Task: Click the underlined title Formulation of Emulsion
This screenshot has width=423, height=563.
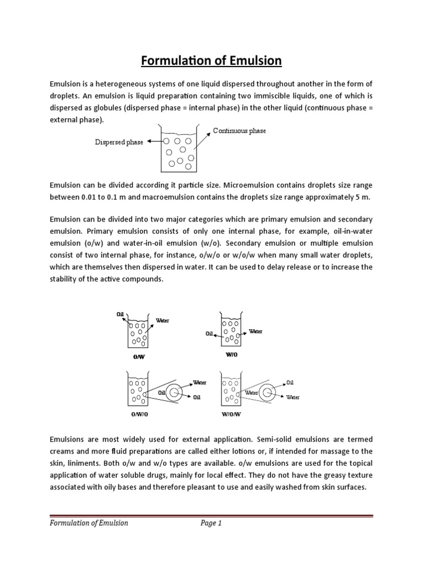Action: (211, 60)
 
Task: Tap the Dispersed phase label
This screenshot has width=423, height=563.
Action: (119, 142)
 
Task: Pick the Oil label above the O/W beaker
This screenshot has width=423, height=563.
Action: (121, 314)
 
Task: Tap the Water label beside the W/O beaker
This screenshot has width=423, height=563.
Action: (256, 332)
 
